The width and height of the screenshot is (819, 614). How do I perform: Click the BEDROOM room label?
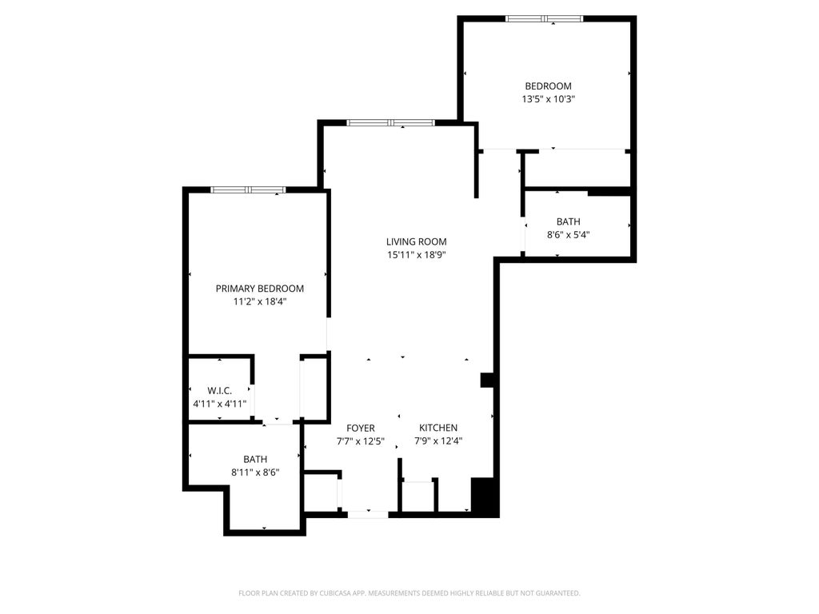548,86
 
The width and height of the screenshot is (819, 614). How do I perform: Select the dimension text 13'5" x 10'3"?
549,99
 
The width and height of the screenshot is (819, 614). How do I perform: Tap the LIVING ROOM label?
416,241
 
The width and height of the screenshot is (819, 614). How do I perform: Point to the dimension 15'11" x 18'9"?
416,255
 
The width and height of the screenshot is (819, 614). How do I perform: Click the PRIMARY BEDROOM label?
260,289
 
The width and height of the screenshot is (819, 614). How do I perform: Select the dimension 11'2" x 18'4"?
260,301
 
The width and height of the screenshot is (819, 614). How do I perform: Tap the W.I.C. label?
219,391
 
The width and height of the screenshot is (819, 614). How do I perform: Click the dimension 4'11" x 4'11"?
219,404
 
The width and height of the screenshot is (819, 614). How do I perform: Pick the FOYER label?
361,429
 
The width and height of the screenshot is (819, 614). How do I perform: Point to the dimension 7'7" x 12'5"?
361,441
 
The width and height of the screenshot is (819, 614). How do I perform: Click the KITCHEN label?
438,429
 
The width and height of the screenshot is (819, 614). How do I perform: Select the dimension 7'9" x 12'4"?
438,441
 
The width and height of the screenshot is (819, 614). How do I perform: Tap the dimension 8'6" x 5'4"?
569,235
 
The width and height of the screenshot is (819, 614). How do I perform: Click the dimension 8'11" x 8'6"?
255,472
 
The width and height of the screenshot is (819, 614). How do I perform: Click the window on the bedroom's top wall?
544,19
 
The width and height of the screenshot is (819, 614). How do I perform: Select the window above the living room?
390,123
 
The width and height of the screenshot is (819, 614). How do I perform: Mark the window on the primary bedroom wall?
248,189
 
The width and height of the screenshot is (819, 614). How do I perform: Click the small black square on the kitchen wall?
487,380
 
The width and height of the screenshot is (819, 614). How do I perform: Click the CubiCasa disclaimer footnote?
409,593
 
